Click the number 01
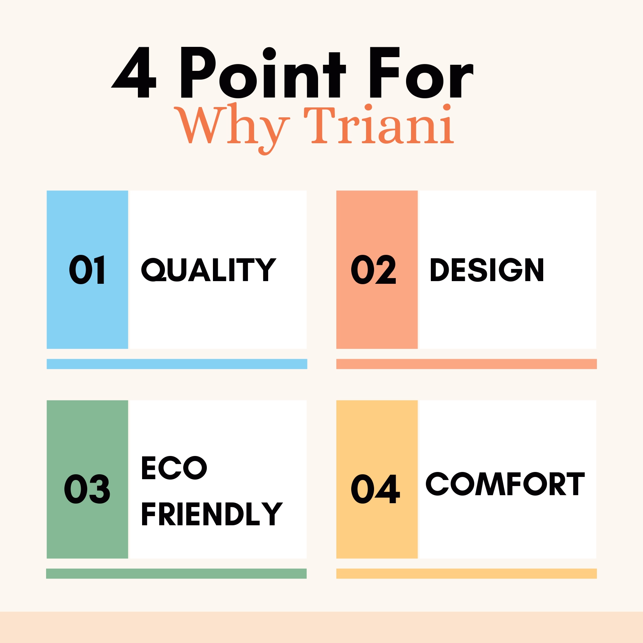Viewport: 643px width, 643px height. [x=87, y=270]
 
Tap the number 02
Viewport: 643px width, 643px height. [x=374, y=270]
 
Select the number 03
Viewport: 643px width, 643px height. [x=87, y=489]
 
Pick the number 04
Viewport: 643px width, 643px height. [x=376, y=489]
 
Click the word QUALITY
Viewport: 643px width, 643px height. [x=208, y=270]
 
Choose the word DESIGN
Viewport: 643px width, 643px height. [x=487, y=270]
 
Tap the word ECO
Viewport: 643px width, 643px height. [x=174, y=468]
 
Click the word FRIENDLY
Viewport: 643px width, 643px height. [x=212, y=514]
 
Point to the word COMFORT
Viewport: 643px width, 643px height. [x=505, y=484]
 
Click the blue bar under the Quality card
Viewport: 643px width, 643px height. [x=177, y=364]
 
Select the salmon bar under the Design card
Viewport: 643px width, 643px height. [x=467, y=364]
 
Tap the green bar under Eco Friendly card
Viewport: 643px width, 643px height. [x=176, y=574]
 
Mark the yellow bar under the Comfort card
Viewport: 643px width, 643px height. [x=467, y=574]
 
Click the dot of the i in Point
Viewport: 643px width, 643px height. [x=269, y=54]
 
